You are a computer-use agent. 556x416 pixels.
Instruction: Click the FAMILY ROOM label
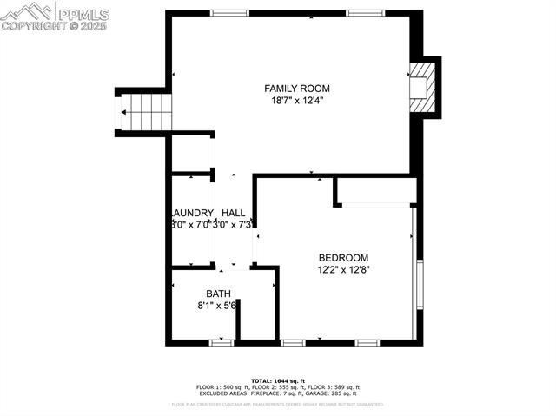(297, 89)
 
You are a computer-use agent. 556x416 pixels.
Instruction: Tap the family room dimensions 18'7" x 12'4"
(297, 101)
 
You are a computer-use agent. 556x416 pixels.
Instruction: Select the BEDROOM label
(343, 258)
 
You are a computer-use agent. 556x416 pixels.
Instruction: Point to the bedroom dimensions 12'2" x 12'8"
(343, 270)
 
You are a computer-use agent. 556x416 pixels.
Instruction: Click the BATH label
(218, 294)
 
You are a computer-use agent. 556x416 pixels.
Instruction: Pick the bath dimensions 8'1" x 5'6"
(217, 306)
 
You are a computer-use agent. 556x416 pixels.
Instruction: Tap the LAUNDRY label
(192, 214)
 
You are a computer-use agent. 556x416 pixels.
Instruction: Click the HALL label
(233, 214)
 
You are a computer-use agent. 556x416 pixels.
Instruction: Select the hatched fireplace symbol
(421, 87)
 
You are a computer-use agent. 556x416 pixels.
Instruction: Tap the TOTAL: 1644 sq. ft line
(277, 381)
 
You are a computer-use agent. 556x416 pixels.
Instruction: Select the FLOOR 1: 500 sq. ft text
(221, 387)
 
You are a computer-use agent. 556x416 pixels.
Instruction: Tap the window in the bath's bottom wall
(222, 343)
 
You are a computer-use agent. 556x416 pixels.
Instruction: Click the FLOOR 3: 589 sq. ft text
(334, 387)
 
